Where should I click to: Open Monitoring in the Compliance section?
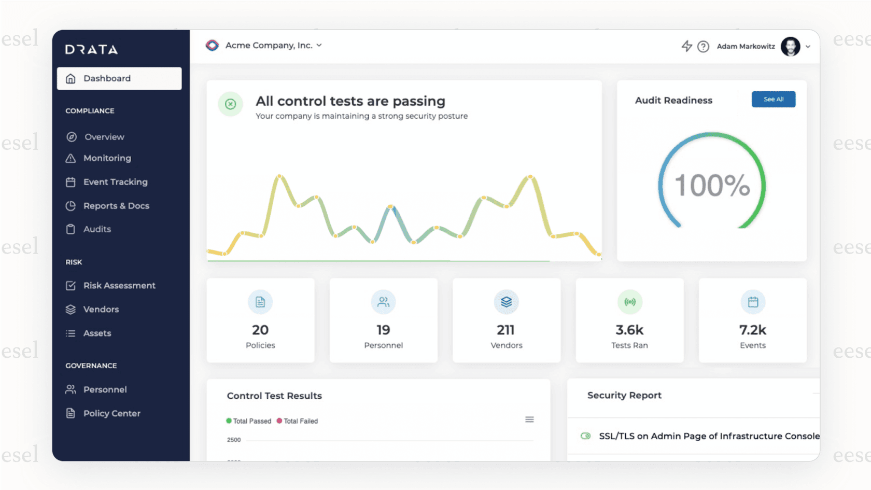(107, 158)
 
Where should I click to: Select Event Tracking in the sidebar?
(115, 182)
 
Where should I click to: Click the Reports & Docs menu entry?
(116, 206)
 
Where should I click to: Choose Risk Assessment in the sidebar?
(119, 286)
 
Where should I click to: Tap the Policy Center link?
(111, 413)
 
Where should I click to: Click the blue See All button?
(773, 99)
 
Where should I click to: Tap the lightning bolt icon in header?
(686, 46)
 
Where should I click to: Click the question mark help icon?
(703, 47)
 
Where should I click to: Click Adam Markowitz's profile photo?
(790, 47)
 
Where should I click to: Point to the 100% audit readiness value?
(712, 185)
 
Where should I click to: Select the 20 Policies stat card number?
(260, 330)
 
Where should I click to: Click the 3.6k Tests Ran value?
(629, 330)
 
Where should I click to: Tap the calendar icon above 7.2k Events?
(753, 302)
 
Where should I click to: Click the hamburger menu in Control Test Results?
(529, 419)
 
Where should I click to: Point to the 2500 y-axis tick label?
(234, 440)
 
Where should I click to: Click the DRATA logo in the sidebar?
(91, 49)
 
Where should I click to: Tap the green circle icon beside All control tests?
(230, 104)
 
